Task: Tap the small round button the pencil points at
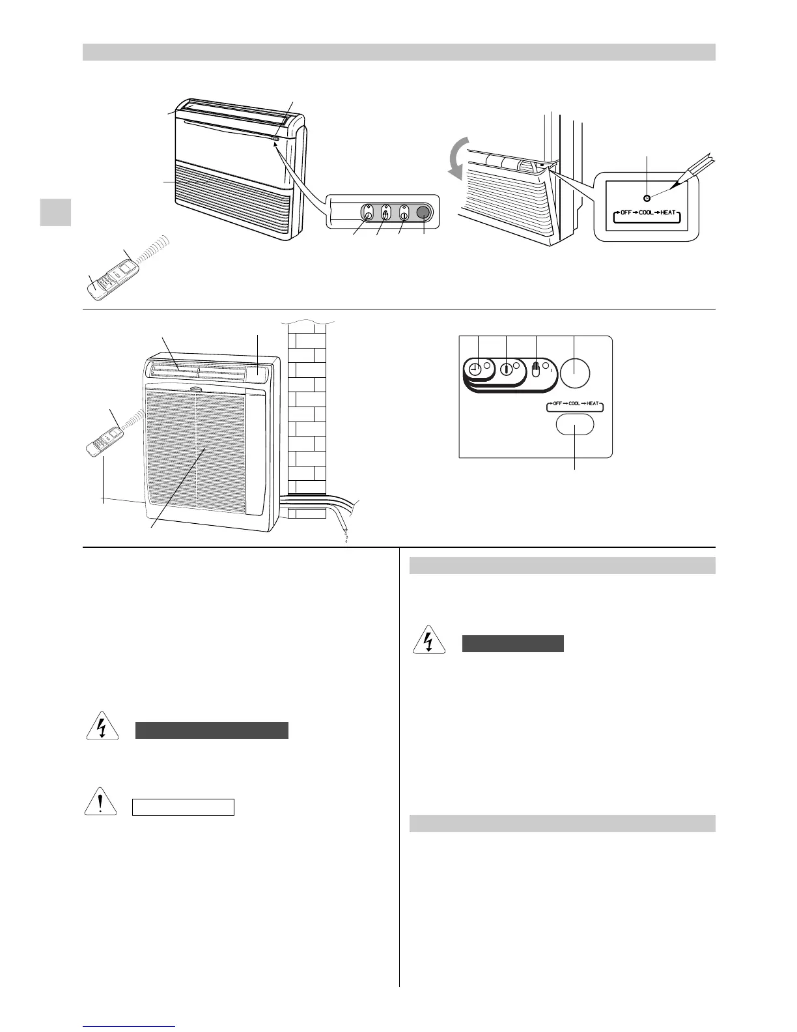[x=646, y=198]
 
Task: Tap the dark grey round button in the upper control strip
[x=424, y=212]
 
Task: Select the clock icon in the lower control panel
[x=474, y=369]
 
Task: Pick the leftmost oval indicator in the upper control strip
[x=368, y=212]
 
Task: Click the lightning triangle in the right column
[x=428, y=641]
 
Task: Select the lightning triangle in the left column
[x=102, y=728]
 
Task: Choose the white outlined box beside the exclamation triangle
[x=183, y=807]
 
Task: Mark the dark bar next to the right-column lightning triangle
[x=512, y=644]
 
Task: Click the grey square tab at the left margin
[x=55, y=212]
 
